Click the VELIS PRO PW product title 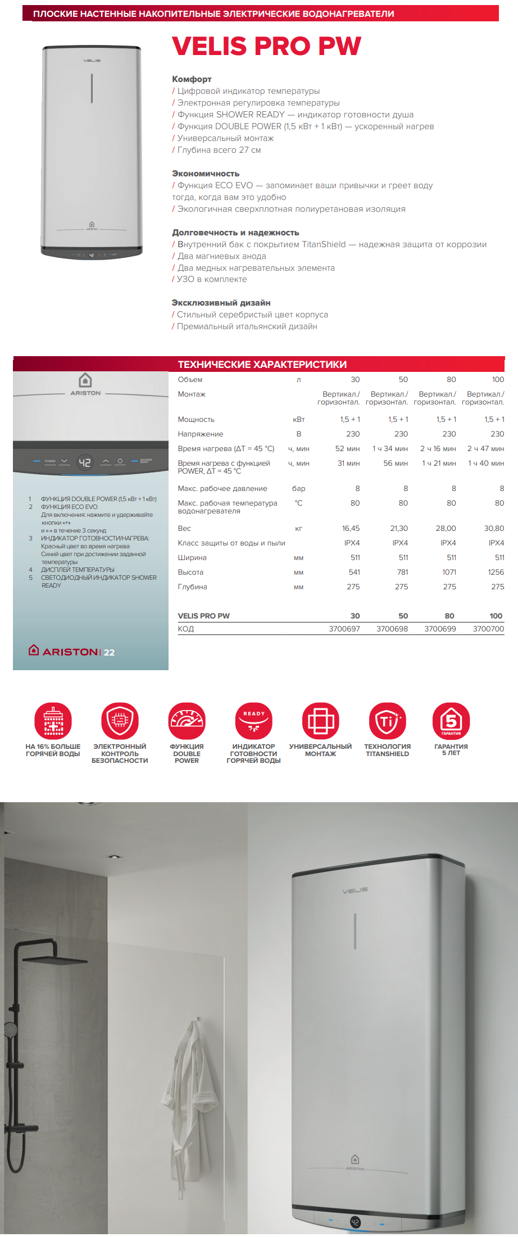[x=266, y=46]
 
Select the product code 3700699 [x=440, y=629]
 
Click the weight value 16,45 [x=351, y=528]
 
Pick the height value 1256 [x=496, y=572]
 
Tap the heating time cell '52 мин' [x=347, y=448]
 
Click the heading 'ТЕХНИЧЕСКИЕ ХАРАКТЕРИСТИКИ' [x=262, y=364]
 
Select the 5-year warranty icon [x=451, y=720]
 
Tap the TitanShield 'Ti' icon [x=387, y=720]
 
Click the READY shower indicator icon [x=253, y=720]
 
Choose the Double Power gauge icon [x=187, y=720]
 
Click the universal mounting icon [x=320, y=720]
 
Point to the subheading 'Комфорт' [x=192, y=79]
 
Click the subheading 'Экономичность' [x=206, y=174]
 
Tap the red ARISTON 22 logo [x=72, y=652]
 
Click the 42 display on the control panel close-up [x=84, y=462]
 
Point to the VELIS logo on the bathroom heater [x=355, y=890]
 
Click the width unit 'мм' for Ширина [x=298, y=558]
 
